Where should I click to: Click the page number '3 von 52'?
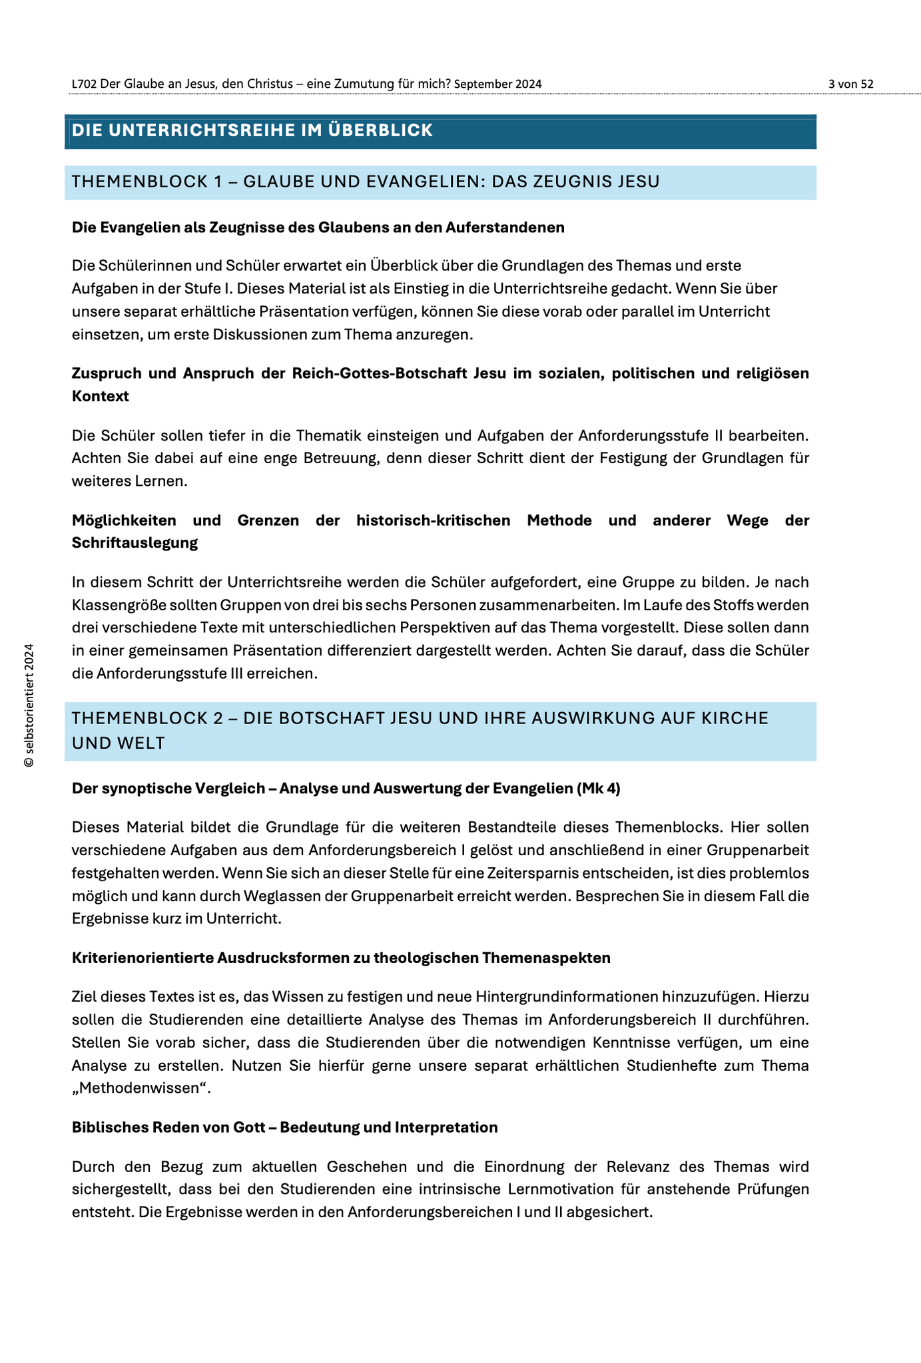click(x=850, y=84)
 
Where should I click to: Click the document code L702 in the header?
click(x=84, y=84)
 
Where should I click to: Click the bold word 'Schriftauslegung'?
click(x=135, y=543)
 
